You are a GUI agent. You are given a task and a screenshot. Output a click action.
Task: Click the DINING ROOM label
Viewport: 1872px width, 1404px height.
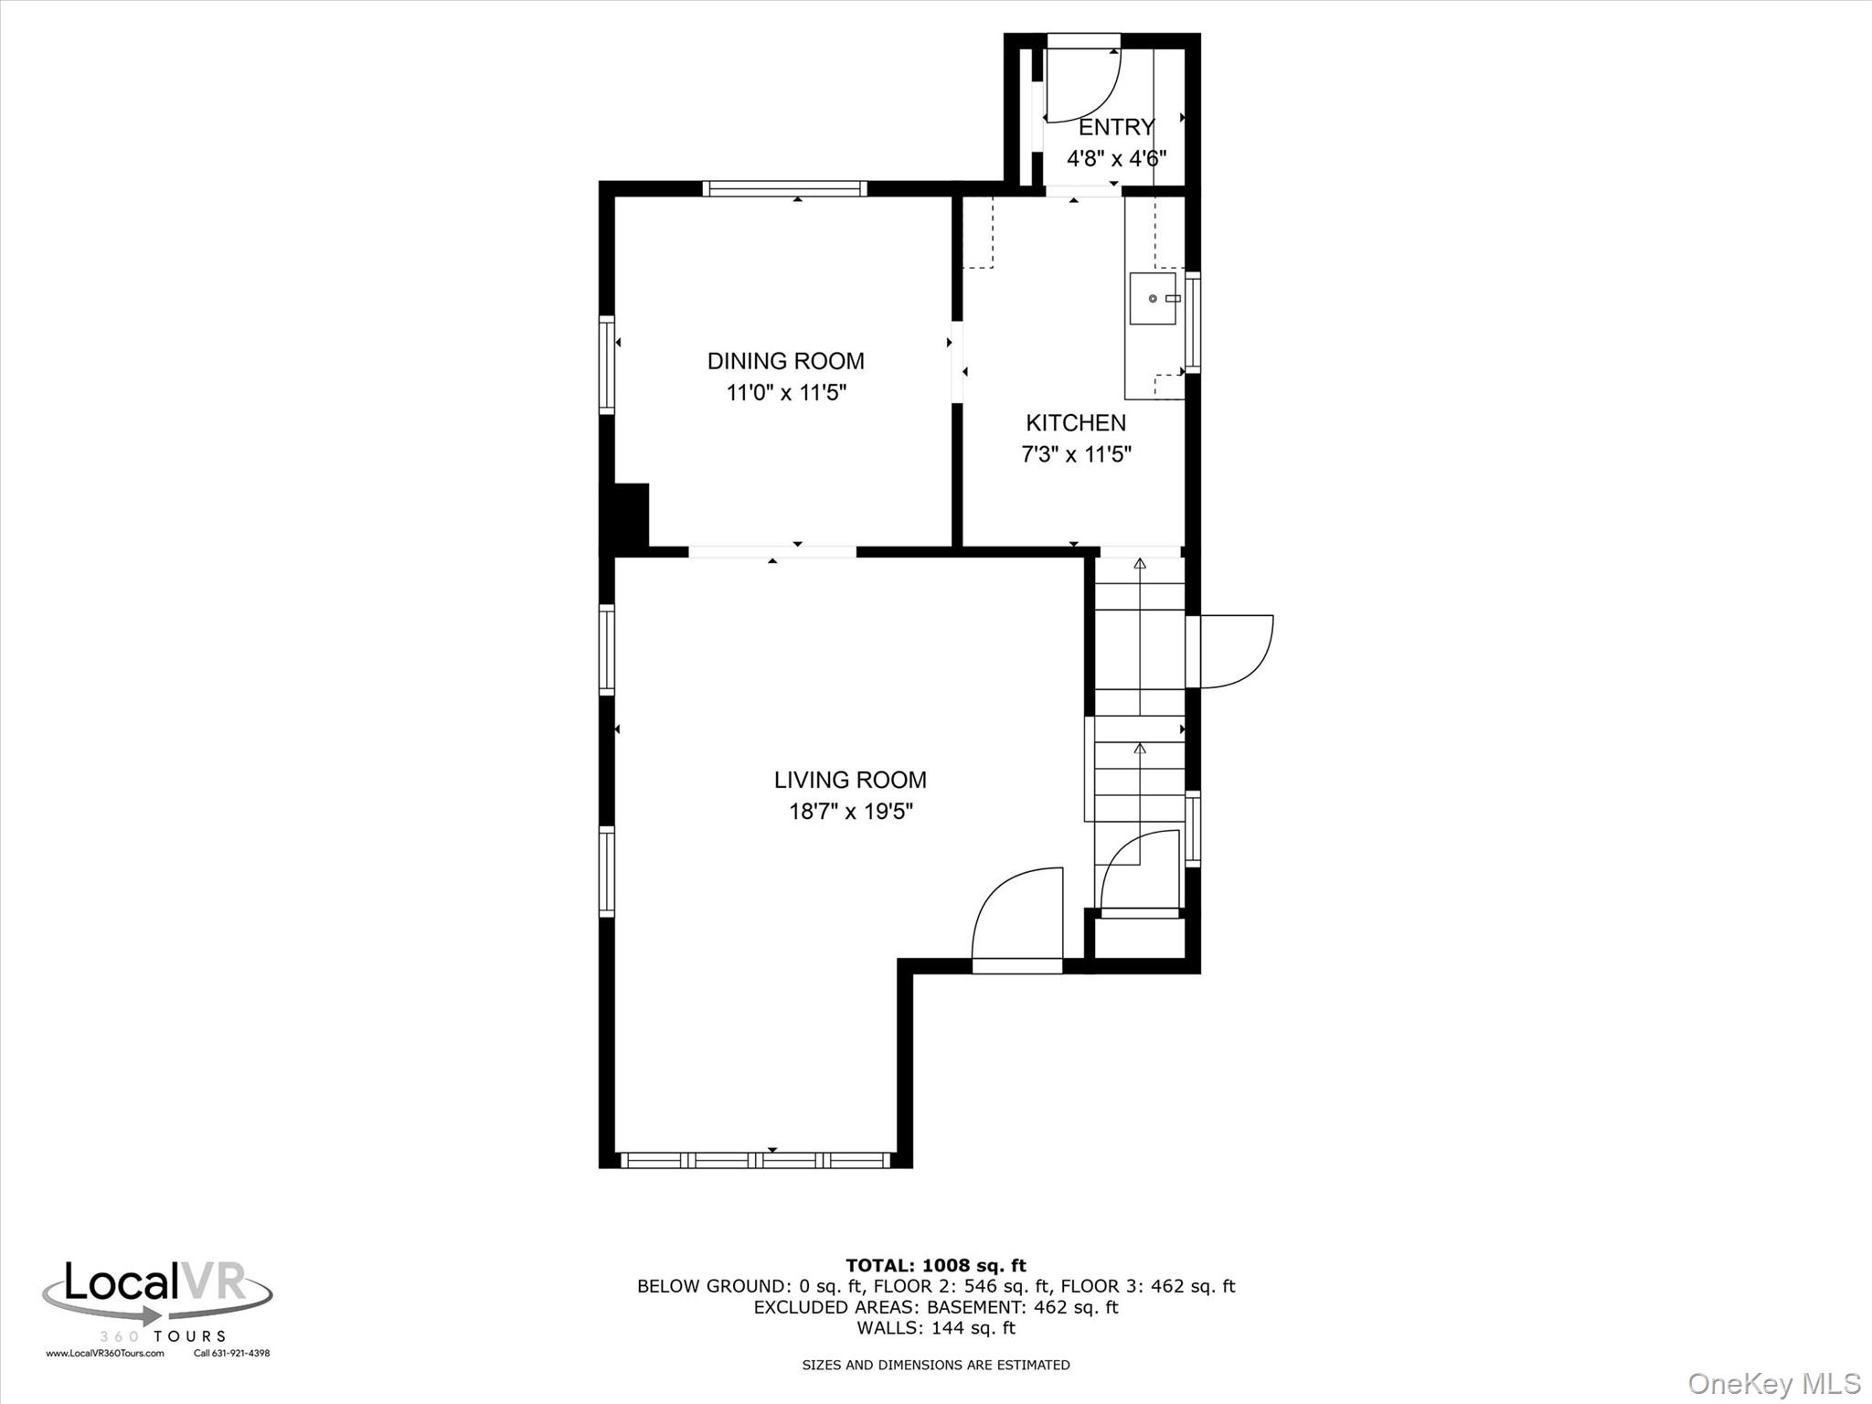[x=785, y=360]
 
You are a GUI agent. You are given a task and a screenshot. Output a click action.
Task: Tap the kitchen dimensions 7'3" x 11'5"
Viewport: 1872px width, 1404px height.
[x=1076, y=454]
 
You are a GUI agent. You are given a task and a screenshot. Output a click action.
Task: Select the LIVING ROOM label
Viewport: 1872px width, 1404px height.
[x=850, y=780]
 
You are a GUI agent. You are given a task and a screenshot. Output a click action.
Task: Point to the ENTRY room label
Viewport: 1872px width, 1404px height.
[x=1116, y=127]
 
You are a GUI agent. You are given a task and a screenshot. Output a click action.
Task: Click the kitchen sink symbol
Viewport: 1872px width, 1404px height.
[x=1153, y=298]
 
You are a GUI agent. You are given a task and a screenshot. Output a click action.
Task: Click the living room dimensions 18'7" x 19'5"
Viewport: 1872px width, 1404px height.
[x=850, y=812]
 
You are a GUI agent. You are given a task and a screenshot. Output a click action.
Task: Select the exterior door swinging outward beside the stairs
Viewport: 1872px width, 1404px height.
[x=1234, y=651]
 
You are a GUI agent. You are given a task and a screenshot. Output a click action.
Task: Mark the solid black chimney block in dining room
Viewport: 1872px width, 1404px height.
[x=629, y=516]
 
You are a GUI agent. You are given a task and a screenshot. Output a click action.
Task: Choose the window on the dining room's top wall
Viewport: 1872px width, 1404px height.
[x=784, y=188]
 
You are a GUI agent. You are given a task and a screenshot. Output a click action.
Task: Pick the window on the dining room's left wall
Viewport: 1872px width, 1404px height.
[x=606, y=364]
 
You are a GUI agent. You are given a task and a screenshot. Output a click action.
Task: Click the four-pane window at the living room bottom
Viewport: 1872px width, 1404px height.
[x=755, y=1160]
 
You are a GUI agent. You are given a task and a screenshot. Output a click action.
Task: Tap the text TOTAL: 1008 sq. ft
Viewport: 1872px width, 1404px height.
[x=935, y=1265]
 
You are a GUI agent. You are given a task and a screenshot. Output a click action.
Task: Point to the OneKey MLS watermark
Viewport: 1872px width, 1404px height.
[x=1773, y=1383]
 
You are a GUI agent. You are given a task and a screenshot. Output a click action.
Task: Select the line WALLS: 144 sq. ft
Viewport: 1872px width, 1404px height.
[x=935, y=1328]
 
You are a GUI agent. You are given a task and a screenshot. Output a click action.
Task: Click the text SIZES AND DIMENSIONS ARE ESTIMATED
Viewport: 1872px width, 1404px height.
[x=935, y=1365]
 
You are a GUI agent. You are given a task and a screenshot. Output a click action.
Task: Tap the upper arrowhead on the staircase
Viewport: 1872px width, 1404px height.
[x=1140, y=564]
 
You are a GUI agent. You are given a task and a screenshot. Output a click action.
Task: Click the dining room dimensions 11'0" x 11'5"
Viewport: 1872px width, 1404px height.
[x=785, y=393]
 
